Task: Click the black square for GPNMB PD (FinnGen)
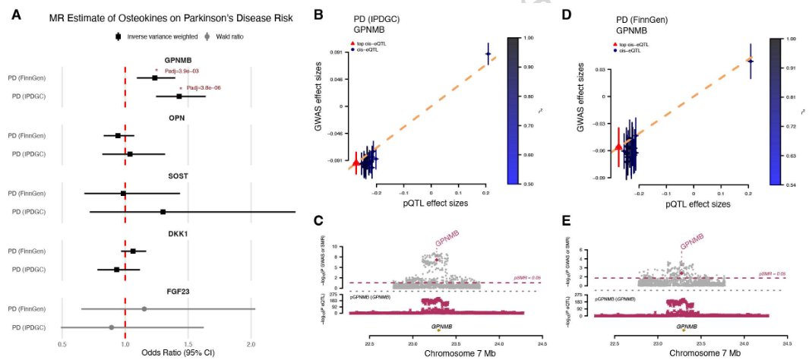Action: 155,77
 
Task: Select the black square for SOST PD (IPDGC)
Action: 163,212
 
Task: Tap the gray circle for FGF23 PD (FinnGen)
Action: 144,309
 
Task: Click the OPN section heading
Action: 176,118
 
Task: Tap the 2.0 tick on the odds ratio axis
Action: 251,343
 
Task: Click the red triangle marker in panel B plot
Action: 356,162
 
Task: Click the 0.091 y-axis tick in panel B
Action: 334,52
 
